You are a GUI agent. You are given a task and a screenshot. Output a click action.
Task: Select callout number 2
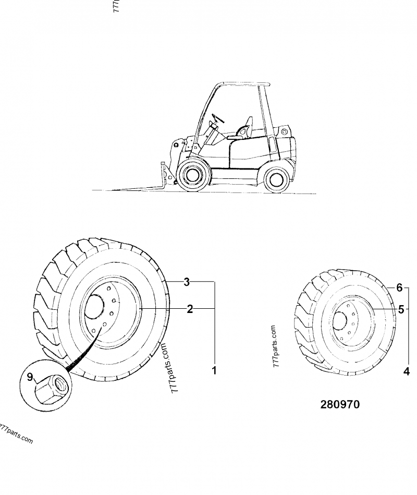(x=190, y=309)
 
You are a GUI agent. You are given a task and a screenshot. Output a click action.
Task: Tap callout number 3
(x=186, y=282)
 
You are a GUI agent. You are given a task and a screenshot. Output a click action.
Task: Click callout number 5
(x=401, y=309)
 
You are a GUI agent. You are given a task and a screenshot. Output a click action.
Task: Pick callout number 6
(x=400, y=287)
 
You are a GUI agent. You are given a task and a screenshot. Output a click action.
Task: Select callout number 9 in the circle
(x=30, y=376)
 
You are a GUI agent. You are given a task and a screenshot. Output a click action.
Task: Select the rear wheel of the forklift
(x=276, y=179)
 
